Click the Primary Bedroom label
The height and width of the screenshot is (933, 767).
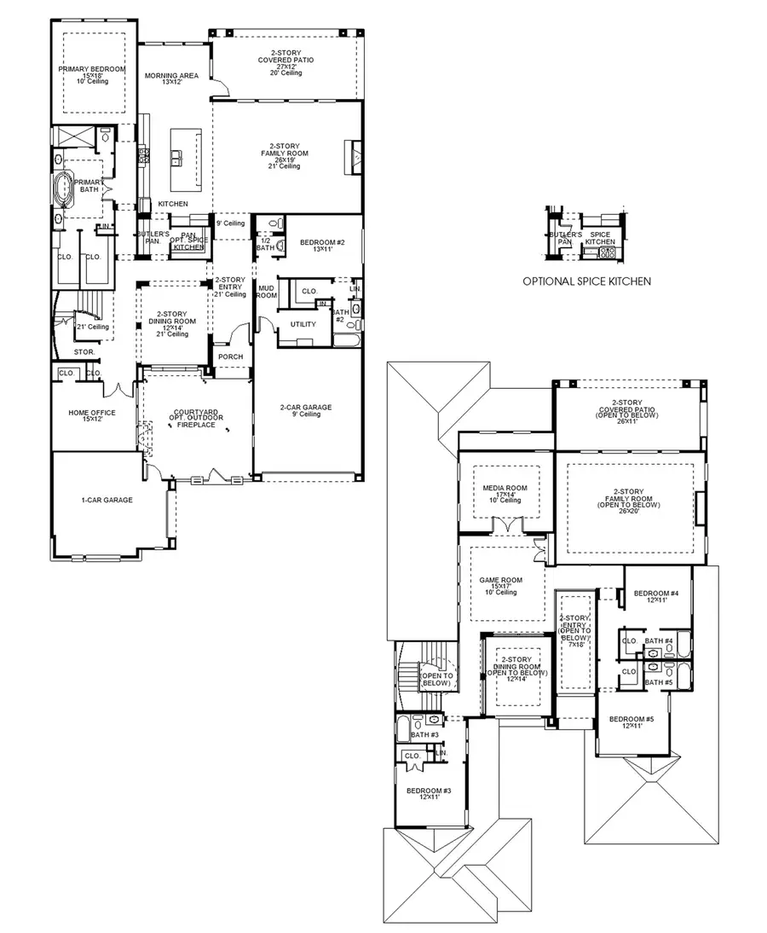pos(92,69)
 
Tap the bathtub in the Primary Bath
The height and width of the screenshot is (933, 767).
pos(65,189)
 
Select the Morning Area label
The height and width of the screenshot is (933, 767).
pos(171,76)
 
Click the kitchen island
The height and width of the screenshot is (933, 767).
pos(186,159)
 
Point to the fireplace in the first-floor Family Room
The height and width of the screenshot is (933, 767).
pos(354,155)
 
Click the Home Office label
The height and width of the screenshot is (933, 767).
pos(92,413)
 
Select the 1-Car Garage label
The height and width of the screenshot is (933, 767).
pos(107,500)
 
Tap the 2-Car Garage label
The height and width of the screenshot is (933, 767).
pos(306,408)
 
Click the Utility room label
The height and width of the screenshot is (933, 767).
pos(303,324)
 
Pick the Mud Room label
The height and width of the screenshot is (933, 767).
pos(267,292)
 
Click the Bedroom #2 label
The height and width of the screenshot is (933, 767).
pos(321,243)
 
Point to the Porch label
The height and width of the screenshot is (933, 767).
pos(230,356)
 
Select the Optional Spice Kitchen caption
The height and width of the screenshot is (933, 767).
pos(587,281)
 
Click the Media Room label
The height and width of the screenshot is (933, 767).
pos(505,488)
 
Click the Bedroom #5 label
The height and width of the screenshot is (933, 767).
pos(631,718)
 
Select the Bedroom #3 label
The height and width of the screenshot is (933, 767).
pos(430,791)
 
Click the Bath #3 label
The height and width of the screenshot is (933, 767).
pos(424,734)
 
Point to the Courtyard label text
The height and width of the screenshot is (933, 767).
pos(196,413)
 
